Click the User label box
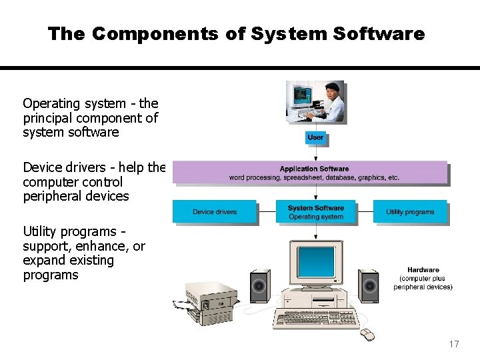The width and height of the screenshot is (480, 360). coord(315,137)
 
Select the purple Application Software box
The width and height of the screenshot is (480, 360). coord(314,173)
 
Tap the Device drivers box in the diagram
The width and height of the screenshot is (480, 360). coord(215,212)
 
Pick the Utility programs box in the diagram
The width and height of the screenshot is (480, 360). coord(410,212)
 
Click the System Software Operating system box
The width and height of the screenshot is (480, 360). coord(315,212)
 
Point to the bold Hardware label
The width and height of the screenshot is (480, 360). coord(423,270)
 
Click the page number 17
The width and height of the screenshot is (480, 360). coord(454,344)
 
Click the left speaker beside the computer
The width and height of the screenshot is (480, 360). coord(259,286)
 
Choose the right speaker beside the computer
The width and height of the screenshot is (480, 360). coord(368,286)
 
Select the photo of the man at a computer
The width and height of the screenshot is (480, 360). coord(315,103)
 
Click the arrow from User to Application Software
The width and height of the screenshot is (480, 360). coord(315,153)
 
